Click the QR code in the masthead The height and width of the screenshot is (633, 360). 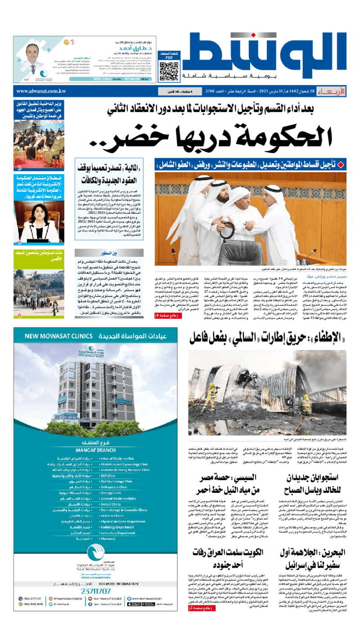pos(170,71)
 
